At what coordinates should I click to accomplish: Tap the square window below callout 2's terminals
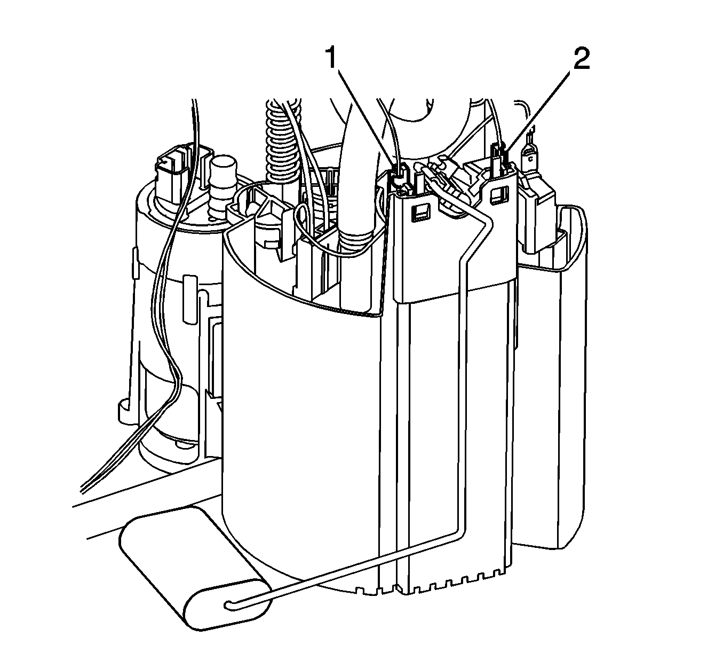coord(499,195)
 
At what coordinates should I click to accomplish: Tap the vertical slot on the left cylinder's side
coord(190,298)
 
